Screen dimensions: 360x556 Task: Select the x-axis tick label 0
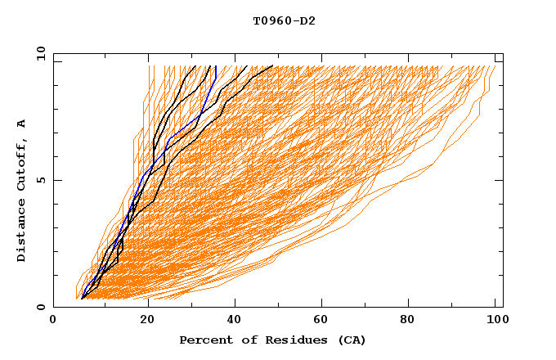[53, 320]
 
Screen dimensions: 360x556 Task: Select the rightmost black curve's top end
[273, 65]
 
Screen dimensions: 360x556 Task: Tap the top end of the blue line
[217, 65]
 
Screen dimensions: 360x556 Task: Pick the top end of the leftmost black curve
[196, 65]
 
